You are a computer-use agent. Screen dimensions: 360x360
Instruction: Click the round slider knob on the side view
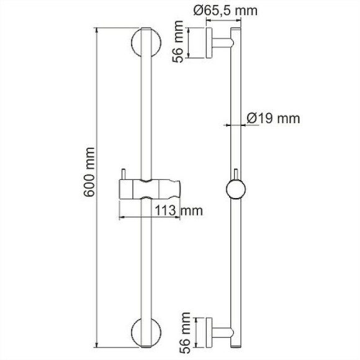click(x=236, y=189)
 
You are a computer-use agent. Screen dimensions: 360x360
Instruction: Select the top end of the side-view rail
click(x=236, y=29)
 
